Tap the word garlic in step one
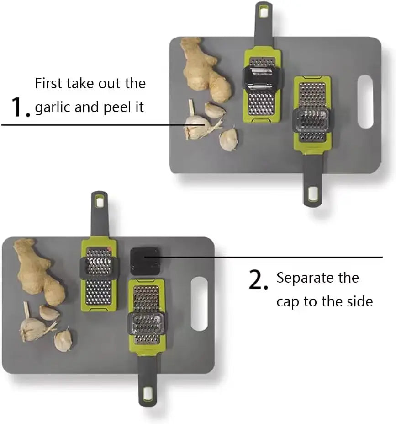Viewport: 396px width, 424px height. [51, 107]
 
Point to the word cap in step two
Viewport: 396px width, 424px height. [287, 302]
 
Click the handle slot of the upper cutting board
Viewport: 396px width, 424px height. [365, 102]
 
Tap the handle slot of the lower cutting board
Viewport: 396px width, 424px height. [199, 303]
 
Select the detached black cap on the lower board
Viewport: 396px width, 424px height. [145, 262]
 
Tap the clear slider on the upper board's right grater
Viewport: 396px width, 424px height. [312, 120]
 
